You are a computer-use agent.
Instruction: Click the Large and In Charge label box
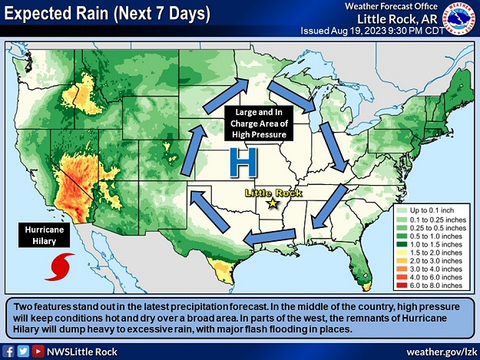(257, 123)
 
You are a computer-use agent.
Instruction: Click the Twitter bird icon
(23, 352)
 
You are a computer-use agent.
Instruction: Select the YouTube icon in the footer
(38, 352)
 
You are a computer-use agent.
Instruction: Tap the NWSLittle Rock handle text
(84, 352)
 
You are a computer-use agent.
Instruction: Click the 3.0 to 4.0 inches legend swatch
(401, 269)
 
